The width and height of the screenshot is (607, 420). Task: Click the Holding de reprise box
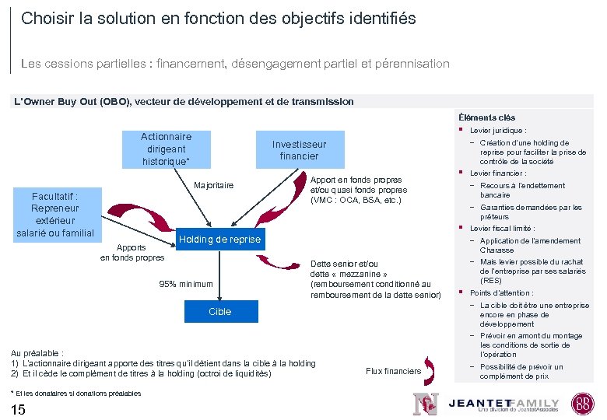[x=219, y=240]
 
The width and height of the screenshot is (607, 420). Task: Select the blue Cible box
[x=219, y=311]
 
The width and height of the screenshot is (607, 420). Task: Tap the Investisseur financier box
[x=299, y=150]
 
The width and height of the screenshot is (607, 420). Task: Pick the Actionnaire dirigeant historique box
[x=166, y=148]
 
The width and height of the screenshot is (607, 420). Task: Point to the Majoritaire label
[x=213, y=185]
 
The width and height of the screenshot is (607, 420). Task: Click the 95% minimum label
[x=185, y=284]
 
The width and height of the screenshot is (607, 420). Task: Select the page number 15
[x=19, y=410]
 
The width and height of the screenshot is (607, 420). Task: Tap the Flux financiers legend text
[x=393, y=371]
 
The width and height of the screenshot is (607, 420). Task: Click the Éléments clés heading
[x=486, y=117]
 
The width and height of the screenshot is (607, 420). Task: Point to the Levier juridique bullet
[x=498, y=131]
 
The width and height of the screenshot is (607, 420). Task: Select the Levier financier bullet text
[x=498, y=173]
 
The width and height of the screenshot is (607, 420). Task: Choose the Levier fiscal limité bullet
[x=502, y=229]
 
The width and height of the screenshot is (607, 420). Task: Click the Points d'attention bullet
[x=502, y=293]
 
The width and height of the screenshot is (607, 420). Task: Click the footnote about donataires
[x=76, y=393]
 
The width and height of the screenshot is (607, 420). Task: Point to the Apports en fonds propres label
[x=132, y=253]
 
